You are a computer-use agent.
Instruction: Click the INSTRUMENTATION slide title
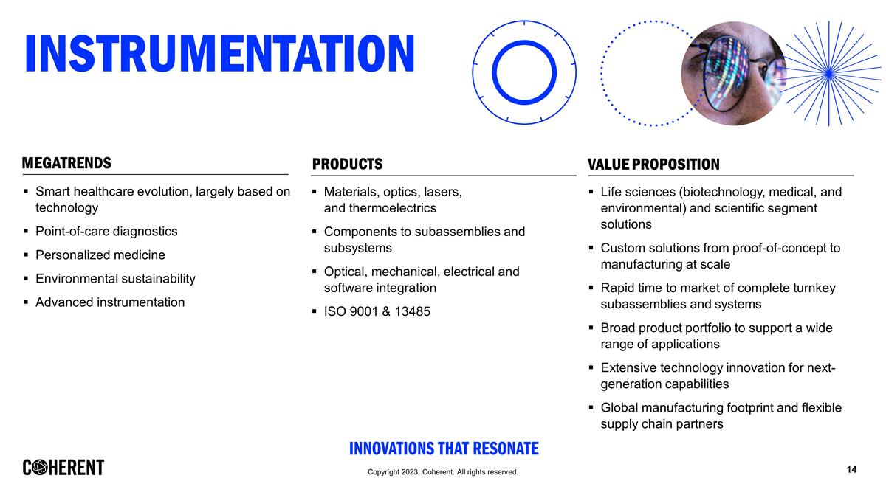click(219, 53)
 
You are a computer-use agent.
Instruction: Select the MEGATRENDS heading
click(66, 163)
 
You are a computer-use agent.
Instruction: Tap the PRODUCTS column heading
click(347, 164)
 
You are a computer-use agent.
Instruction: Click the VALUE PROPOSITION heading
click(653, 164)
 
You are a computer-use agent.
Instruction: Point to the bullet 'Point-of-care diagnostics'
click(106, 231)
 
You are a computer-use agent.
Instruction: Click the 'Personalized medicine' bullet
click(100, 255)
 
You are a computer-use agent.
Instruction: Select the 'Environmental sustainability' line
click(115, 278)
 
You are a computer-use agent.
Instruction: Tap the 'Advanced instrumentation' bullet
click(110, 302)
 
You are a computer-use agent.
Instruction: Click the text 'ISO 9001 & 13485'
click(377, 311)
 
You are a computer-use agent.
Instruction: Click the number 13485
click(411, 311)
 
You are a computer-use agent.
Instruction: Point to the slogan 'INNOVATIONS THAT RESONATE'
click(443, 449)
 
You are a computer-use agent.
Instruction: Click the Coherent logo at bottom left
click(63, 468)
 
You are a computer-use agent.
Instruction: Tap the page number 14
click(851, 470)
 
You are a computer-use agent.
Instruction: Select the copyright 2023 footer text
click(443, 472)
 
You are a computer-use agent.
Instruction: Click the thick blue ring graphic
click(524, 72)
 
